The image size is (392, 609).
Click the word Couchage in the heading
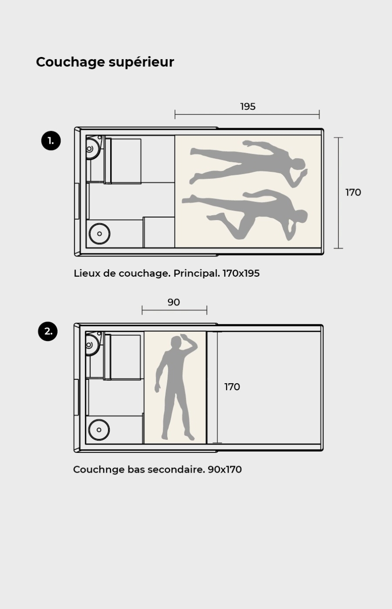[71, 62]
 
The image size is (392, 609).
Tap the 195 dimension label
[248, 107]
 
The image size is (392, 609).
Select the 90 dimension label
[174, 303]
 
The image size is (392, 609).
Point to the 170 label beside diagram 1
[353, 192]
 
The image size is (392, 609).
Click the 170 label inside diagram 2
[232, 387]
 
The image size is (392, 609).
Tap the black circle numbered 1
[51, 141]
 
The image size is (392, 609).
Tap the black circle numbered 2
[48, 331]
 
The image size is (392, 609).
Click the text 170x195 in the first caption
[241, 273]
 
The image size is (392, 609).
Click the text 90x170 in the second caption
[225, 470]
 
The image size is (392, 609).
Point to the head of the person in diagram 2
[176, 342]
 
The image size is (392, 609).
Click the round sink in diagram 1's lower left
[99, 234]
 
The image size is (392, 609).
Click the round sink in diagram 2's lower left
[99, 430]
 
